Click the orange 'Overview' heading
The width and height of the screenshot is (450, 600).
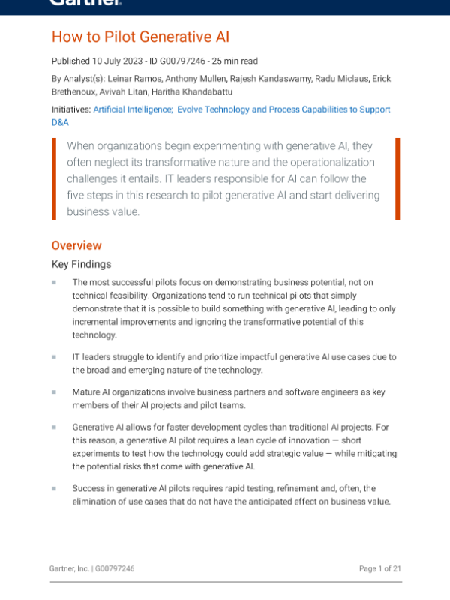[76, 245]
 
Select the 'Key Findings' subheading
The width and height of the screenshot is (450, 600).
[81, 264]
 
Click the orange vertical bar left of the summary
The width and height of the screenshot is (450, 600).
[54, 178]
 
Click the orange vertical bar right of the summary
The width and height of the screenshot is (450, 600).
[397, 178]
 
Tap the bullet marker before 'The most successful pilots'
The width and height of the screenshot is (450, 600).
[54, 282]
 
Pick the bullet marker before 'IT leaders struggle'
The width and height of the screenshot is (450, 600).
[54, 357]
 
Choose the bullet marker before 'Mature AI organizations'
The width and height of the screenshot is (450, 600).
[54, 392]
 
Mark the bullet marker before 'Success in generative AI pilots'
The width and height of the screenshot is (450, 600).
[54, 488]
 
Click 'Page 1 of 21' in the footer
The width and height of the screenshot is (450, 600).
[380, 568]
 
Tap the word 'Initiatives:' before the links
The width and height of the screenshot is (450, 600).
[70, 109]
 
